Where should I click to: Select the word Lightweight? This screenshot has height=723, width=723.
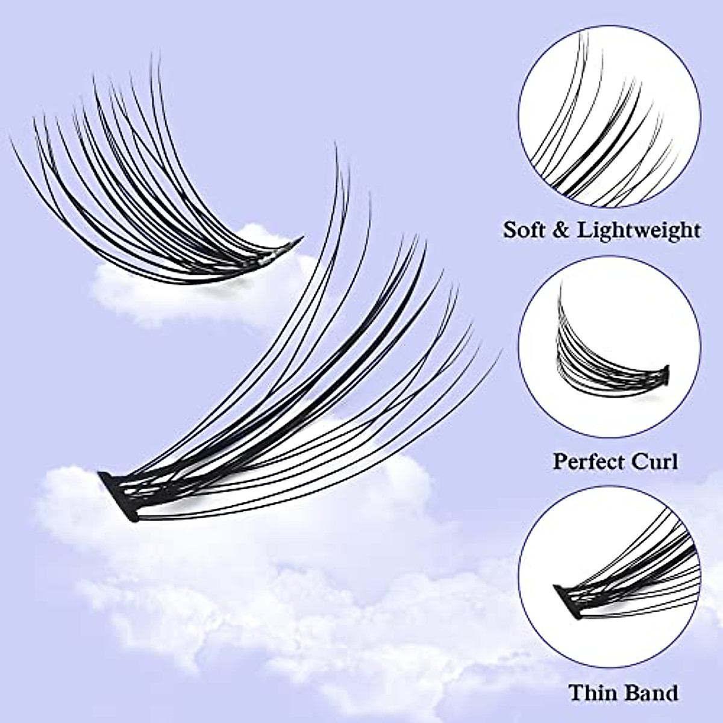coord(639,231)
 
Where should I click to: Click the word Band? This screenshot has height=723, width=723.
coord(646,692)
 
